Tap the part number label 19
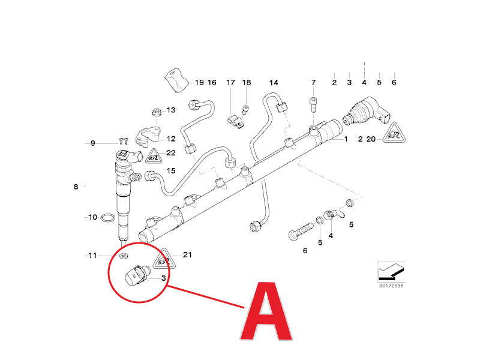[199, 82]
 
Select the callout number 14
[274, 82]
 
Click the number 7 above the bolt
[313, 82]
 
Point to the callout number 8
[76, 187]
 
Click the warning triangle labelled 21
[161, 260]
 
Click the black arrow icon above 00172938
[389, 272]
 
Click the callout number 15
[171, 171]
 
